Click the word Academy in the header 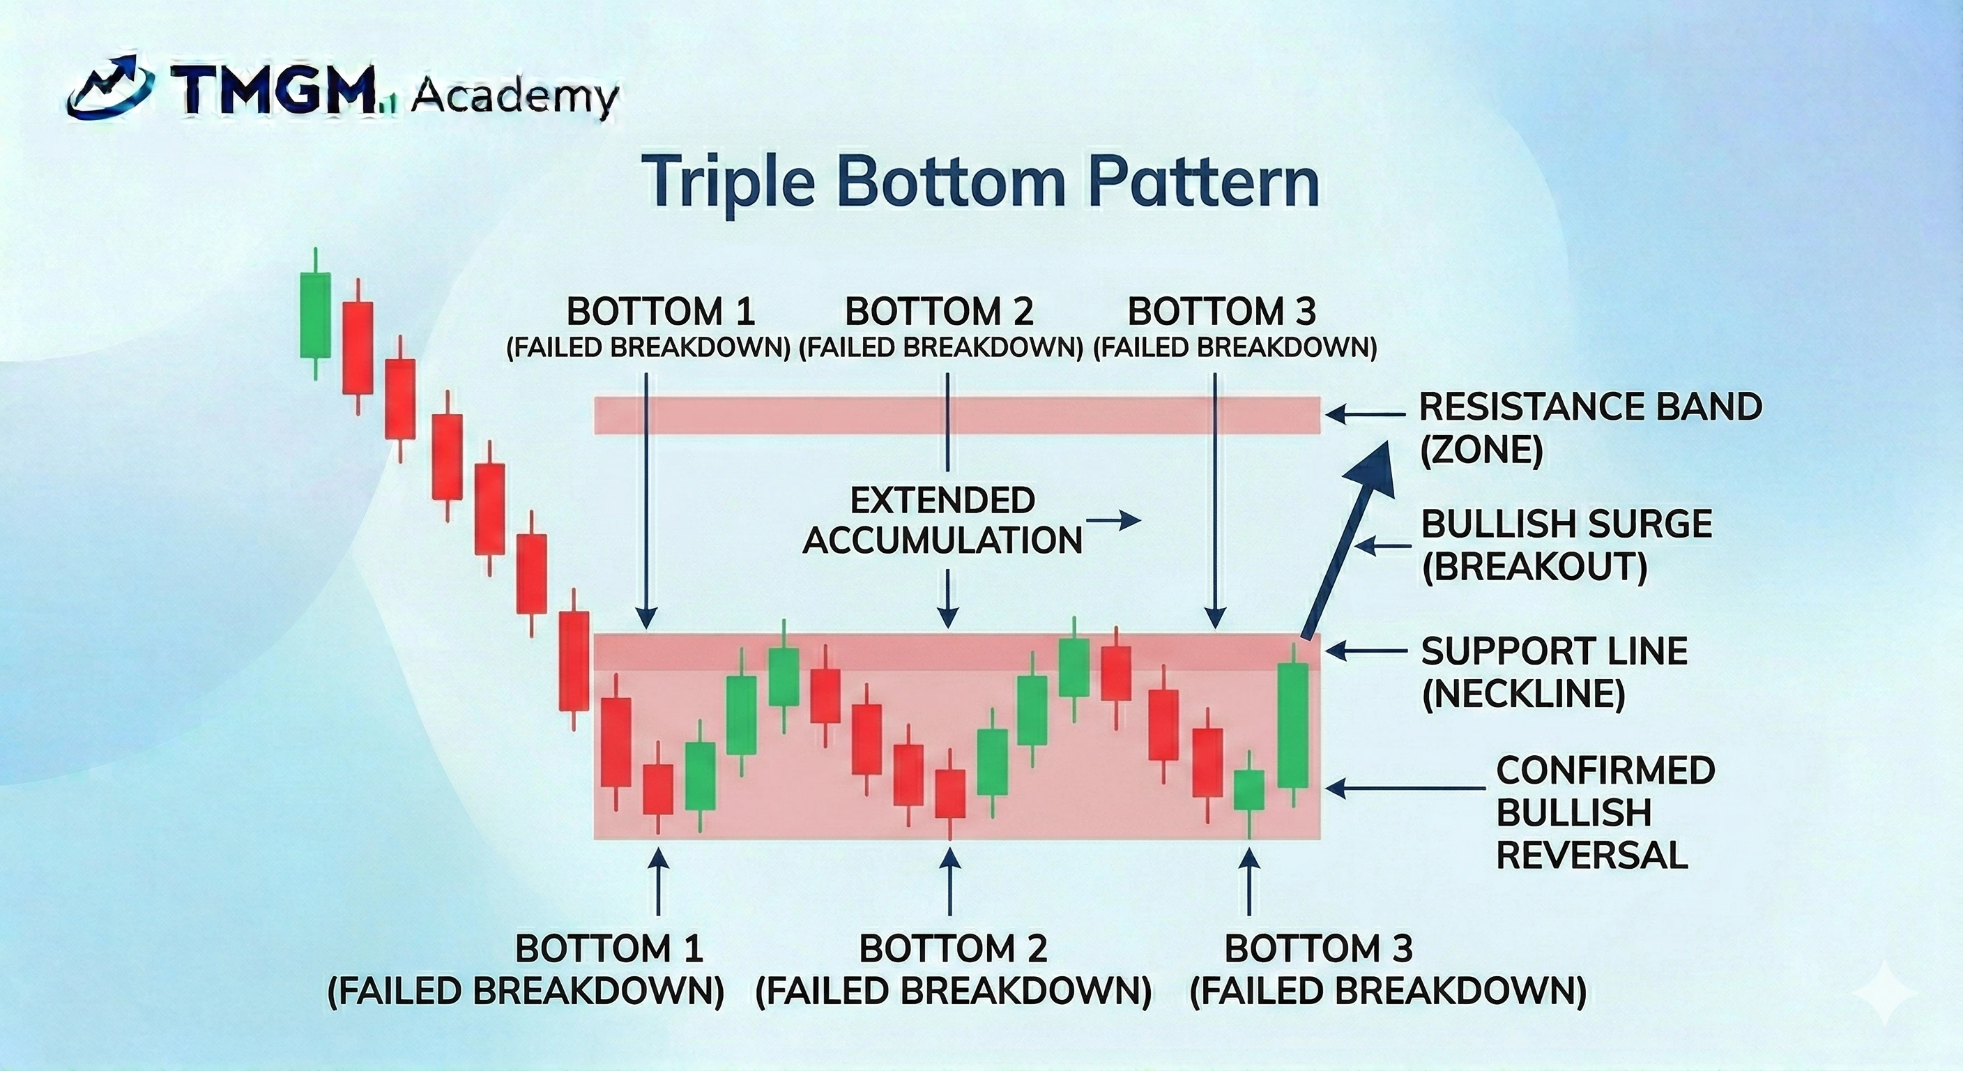pyautogui.click(x=514, y=98)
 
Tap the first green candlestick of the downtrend pyautogui.click(x=314, y=314)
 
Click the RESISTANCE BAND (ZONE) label pyautogui.click(x=1589, y=428)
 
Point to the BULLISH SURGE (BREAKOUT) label pyautogui.click(x=1566, y=545)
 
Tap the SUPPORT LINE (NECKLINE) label pyautogui.click(x=1555, y=671)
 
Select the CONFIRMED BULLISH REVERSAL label pyautogui.click(x=1605, y=812)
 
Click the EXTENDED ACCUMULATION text pyautogui.click(x=942, y=521)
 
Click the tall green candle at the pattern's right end pyautogui.click(x=1293, y=724)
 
